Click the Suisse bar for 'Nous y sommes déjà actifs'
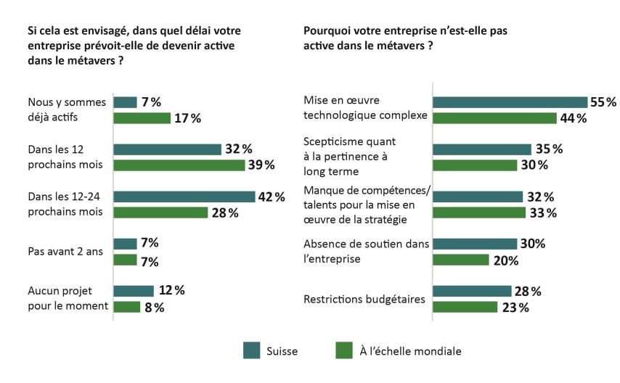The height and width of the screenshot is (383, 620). click(x=126, y=102)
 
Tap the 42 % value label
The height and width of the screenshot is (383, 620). click(x=270, y=197)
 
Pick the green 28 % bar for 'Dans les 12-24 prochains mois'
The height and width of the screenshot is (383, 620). click(x=161, y=213)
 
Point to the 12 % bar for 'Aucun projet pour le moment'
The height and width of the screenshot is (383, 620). click(x=134, y=291)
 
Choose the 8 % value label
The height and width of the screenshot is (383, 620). click(x=154, y=307)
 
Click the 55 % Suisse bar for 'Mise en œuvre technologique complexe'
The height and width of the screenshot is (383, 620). click(x=510, y=102)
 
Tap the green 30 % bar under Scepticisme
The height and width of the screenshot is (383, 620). click(x=473, y=165)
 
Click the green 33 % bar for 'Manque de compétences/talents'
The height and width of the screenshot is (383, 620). click(x=479, y=213)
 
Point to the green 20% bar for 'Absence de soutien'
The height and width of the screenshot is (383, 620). click(x=461, y=260)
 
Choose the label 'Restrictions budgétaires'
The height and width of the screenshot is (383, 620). click(x=363, y=299)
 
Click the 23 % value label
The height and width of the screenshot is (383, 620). click(x=515, y=307)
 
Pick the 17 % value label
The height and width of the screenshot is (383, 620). click(x=187, y=118)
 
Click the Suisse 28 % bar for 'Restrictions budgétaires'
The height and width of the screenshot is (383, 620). click(x=472, y=291)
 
